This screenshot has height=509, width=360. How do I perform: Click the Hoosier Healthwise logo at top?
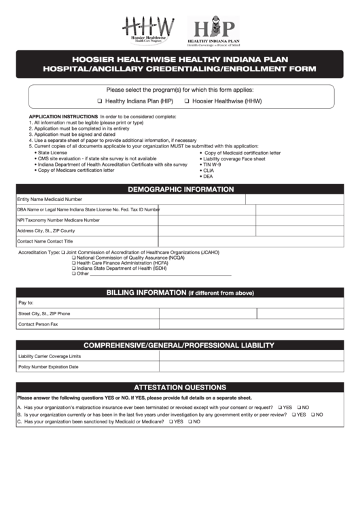point(148,30)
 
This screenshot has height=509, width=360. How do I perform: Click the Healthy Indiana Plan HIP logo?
point(214,30)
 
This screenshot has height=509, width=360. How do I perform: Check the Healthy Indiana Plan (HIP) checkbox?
point(99,101)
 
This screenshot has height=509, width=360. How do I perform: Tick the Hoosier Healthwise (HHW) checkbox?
point(187,101)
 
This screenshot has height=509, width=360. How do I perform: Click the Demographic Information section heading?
point(180,190)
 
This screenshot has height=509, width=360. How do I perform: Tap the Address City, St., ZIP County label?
point(46,231)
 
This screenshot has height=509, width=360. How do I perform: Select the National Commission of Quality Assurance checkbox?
point(74,258)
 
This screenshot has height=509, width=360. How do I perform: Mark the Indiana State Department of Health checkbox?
point(74,268)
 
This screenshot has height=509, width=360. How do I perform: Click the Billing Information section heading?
point(180,293)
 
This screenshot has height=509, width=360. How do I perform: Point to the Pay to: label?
point(26,303)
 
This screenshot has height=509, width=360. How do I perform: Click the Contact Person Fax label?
point(38,324)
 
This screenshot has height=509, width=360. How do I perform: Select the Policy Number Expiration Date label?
point(48,367)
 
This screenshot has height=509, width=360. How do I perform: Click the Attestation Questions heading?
point(180,387)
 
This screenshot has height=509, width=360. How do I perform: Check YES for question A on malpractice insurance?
point(278,407)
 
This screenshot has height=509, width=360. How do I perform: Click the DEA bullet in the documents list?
point(207,176)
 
